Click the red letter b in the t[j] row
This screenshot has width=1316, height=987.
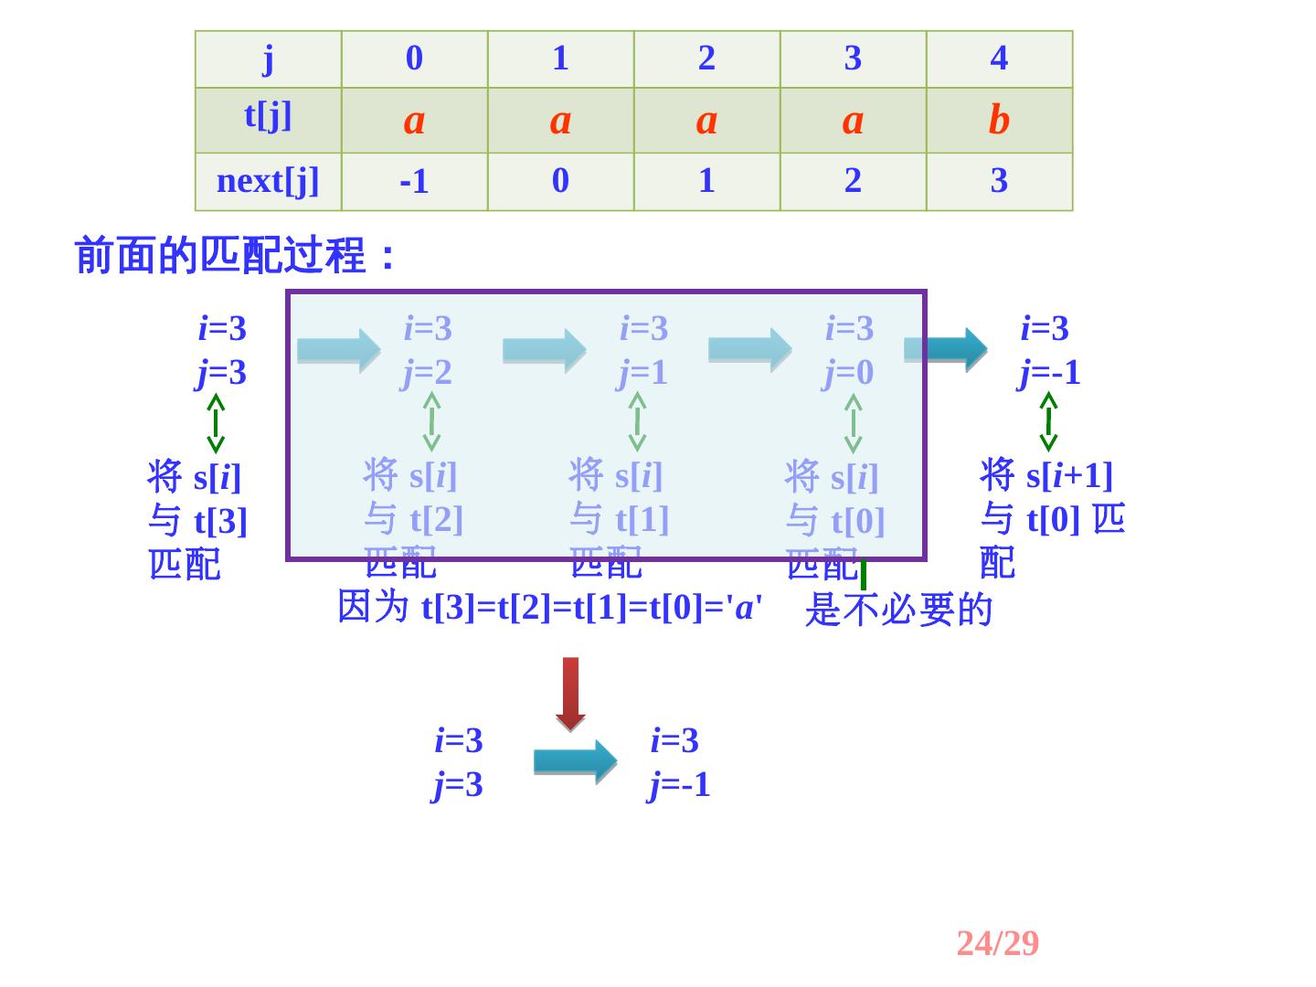999,120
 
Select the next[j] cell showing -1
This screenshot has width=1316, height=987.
414,182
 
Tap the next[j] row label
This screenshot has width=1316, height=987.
268,181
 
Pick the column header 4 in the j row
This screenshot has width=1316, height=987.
999,58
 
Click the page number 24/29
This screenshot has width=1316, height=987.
997,943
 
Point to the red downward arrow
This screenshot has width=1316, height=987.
570,694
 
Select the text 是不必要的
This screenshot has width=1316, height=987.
898,610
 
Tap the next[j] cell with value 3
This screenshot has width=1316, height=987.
999,181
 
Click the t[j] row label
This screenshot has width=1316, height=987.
268,116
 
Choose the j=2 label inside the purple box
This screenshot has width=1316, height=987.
427,373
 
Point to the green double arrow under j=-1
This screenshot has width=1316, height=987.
1048,421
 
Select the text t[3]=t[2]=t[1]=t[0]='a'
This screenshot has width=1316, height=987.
591,607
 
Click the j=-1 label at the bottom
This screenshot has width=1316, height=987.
679,785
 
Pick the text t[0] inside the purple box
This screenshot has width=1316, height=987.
857,521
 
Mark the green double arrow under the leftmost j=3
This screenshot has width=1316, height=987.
216,422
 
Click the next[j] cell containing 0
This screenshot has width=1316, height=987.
560,181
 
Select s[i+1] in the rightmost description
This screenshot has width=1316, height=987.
1069,475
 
